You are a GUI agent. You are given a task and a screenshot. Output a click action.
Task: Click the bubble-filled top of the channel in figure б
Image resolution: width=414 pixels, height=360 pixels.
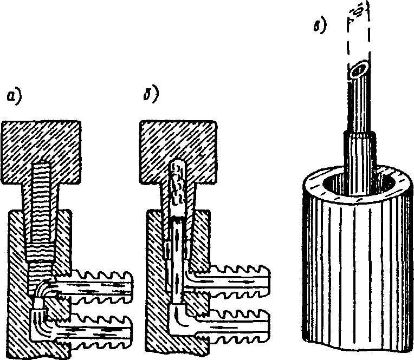177,187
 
